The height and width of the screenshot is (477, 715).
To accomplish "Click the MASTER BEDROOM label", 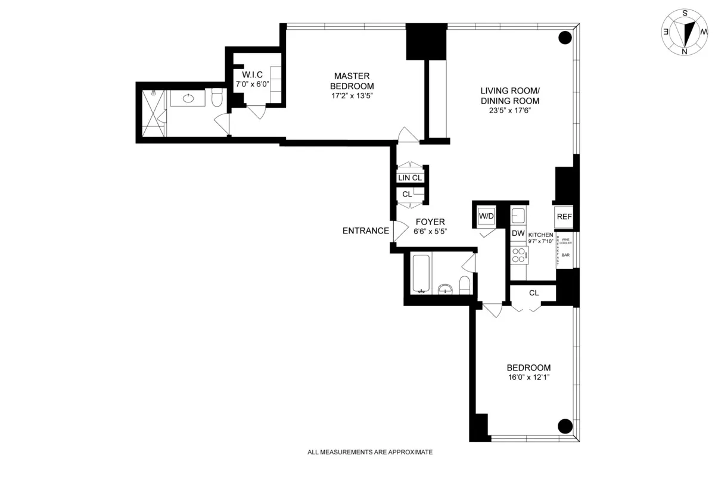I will coord(352,80).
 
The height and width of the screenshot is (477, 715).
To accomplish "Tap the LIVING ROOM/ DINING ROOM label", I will coord(510,95).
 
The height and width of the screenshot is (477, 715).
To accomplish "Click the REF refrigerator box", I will coord(564,217).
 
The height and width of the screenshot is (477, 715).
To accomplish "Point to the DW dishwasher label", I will coord(518,233).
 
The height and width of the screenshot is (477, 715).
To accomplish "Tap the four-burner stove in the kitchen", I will coord(518,255).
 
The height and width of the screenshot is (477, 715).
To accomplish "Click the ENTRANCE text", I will coord(365,231).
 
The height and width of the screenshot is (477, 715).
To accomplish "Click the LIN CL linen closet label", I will coord(410,178).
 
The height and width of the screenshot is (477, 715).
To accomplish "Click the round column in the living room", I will coord(564,38).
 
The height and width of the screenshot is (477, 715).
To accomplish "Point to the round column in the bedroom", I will coord(564,426).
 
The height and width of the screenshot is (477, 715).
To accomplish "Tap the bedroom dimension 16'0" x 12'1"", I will coord(529,377).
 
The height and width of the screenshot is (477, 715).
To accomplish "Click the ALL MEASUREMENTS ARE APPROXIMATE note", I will coord(369,452).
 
